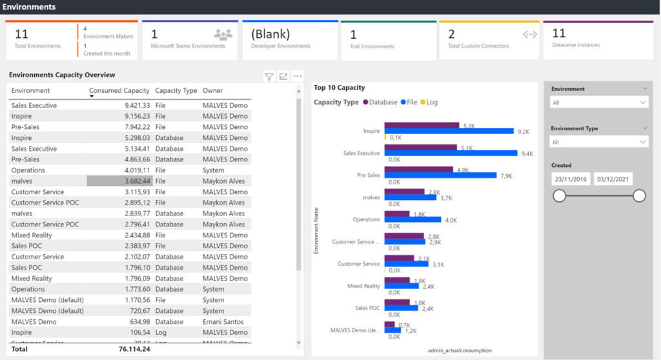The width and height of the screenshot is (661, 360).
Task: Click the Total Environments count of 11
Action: (x=21, y=34)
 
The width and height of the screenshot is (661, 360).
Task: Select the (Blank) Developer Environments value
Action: (x=270, y=34)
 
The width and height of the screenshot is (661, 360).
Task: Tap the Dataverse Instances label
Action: (x=576, y=45)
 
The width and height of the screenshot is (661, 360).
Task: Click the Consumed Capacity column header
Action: (x=119, y=91)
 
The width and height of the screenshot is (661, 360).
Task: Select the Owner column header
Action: (x=212, y=91)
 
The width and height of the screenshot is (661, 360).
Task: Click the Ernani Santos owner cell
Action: (x=224, y=322)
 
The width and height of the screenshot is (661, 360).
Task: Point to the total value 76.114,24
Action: (x=134, y=349)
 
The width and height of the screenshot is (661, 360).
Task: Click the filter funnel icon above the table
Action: (x=269, y=77)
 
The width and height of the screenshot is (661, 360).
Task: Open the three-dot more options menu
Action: (x=298, y=76)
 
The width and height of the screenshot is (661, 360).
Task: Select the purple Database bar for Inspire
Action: (x=422, y=125)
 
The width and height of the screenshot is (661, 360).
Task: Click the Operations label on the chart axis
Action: (x=366, y=219)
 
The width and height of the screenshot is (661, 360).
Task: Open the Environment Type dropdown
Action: (x=598, y=142)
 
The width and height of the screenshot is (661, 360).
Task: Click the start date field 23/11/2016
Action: (x=570, y=179)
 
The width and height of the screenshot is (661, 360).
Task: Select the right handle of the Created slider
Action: (x=639, y=195)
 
